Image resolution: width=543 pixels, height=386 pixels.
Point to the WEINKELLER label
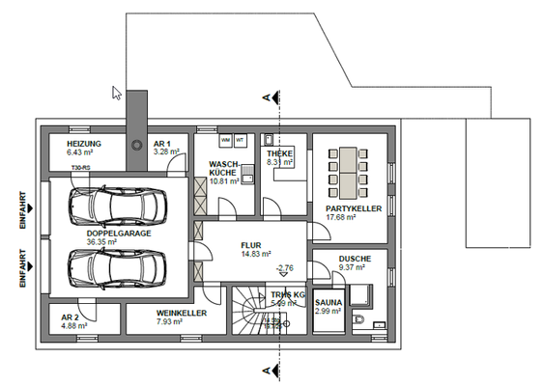[179, 313]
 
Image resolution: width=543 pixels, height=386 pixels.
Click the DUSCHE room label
[355, 259]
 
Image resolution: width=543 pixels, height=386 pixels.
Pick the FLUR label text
[252, 245]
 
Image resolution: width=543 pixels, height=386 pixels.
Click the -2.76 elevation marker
[284, 267]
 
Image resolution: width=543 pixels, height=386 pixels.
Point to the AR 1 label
[162, 143]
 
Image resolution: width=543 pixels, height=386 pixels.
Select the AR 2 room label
[70, 317]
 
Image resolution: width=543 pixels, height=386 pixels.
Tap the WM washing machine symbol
[225, 139]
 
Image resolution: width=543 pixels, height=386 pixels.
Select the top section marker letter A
[264, 97]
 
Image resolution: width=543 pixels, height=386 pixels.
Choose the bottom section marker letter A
[264, 370]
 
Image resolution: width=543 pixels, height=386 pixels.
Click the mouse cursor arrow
[117, 94]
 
